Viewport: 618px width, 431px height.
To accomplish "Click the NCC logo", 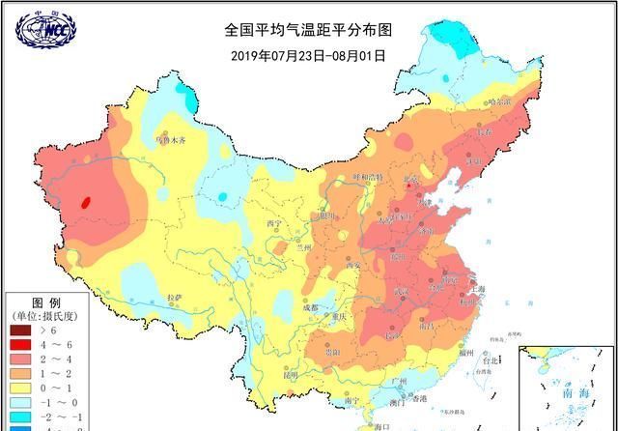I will pyautogui.click(x=43, y=29).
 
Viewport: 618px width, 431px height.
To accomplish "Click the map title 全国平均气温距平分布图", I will pyautogui.click(x=308, y=30).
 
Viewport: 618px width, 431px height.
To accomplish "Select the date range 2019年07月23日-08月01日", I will pyautogui.click(x=308, y=55).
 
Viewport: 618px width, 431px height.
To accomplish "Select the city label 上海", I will pyautogui.click(x=478, y=289).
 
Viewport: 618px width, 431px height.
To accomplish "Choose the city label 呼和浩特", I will pyautogui.click(x=368, y=177).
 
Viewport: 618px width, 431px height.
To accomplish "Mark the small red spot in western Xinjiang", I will pyautogui.click(x=87, y=203).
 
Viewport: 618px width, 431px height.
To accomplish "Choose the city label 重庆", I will pyautogui.click(x=336, y=317).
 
